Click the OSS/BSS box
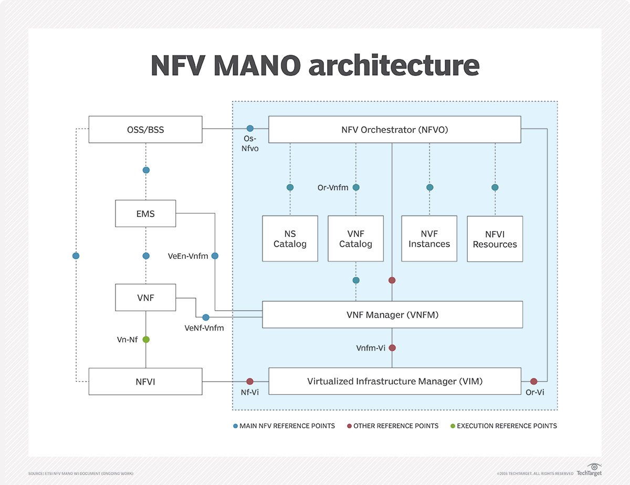coord(145,130)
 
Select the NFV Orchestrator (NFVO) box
coord(394,130)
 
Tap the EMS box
coord(145,214)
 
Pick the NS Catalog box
coord(290,239)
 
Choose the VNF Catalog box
coord(355,239)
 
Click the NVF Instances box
coord(429,239)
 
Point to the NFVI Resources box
coord(495,239)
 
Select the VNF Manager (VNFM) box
coord(392,315)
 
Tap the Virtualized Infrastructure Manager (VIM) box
coord(394,382)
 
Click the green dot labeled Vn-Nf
coord(146,340)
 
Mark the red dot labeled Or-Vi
coord(534,382)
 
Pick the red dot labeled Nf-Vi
coord(250,382)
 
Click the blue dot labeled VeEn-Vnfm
coord(215,256)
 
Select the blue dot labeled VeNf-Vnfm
coord(206,318)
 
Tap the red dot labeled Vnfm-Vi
coord(392,347)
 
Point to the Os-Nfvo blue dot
coord(250,129)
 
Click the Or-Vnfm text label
coord(333,187)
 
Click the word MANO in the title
coord(257,66)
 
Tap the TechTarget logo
coord(589,470)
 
